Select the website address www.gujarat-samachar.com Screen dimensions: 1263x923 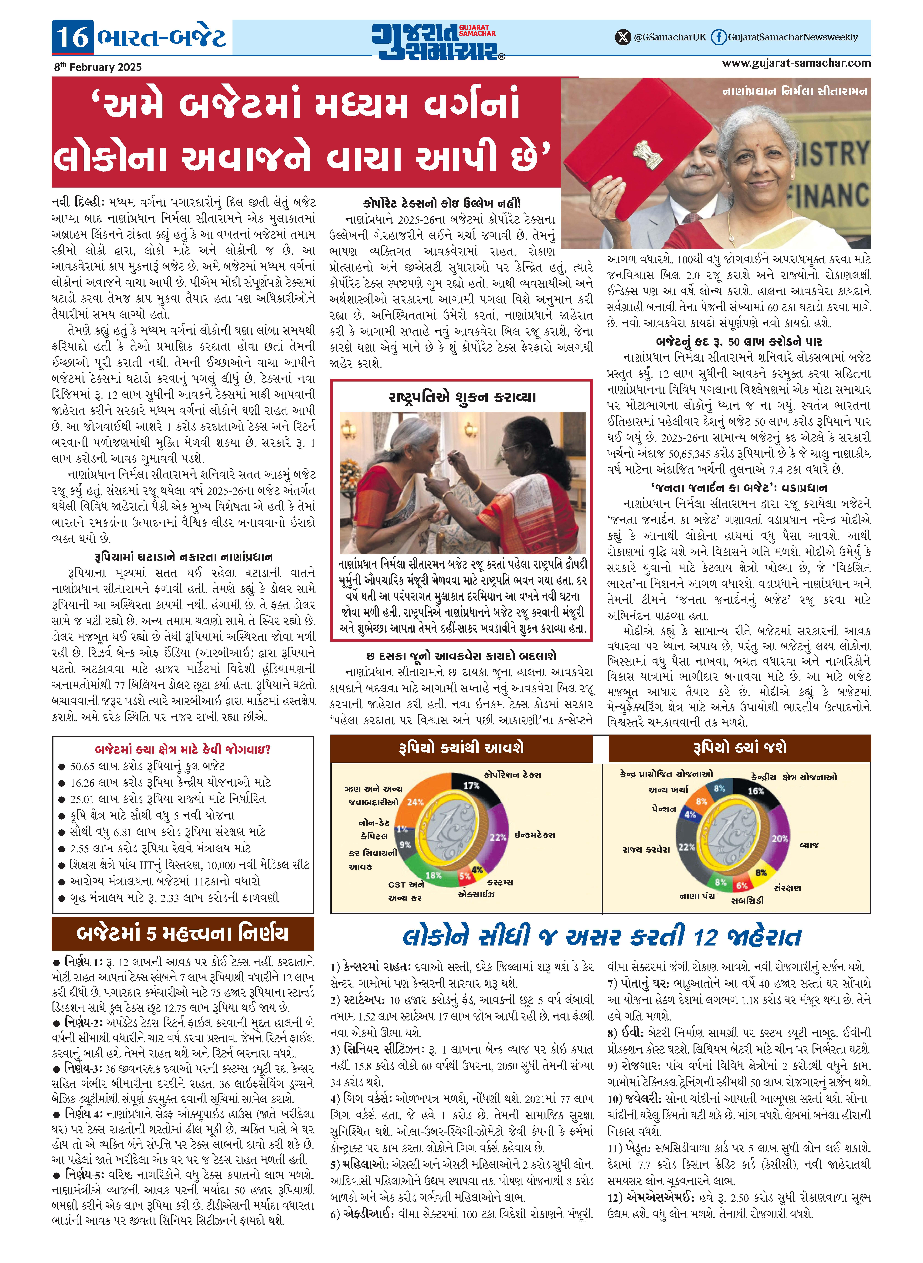click(796, 63)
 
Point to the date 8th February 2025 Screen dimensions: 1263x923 click(98, 67)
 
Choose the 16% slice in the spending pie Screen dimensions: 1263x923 click(756, 791)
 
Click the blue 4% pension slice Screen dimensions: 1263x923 click(691, 814)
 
